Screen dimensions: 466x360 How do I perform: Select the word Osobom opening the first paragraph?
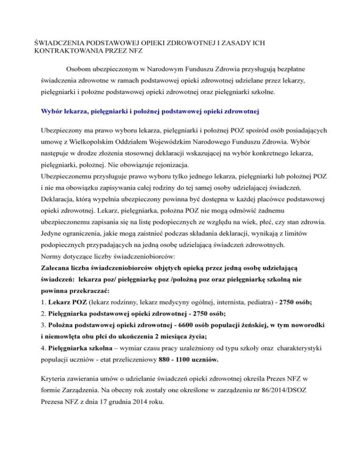[80, 68]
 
